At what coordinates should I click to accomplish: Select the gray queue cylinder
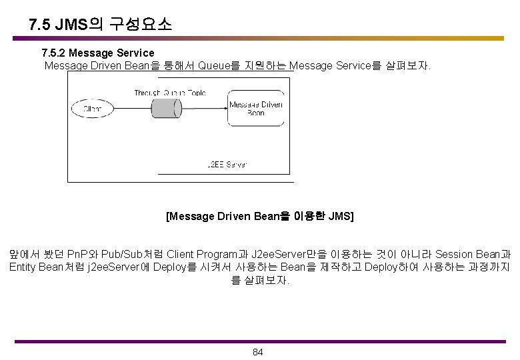(166, 108)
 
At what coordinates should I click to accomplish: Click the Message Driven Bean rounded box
(256, 109)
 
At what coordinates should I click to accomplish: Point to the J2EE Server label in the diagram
(227, 163)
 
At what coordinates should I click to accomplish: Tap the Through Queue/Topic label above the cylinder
(170, 93)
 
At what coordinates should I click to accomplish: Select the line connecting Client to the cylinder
(130, 108)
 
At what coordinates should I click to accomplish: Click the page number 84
(259, 352)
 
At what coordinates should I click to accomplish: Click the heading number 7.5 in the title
(40, 25)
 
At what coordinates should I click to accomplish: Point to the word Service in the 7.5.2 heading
(135, 53)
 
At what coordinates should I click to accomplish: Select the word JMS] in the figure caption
(341, 216)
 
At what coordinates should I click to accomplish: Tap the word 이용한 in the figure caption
(310, 216)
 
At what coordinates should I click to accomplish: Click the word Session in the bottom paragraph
(455, 254)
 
